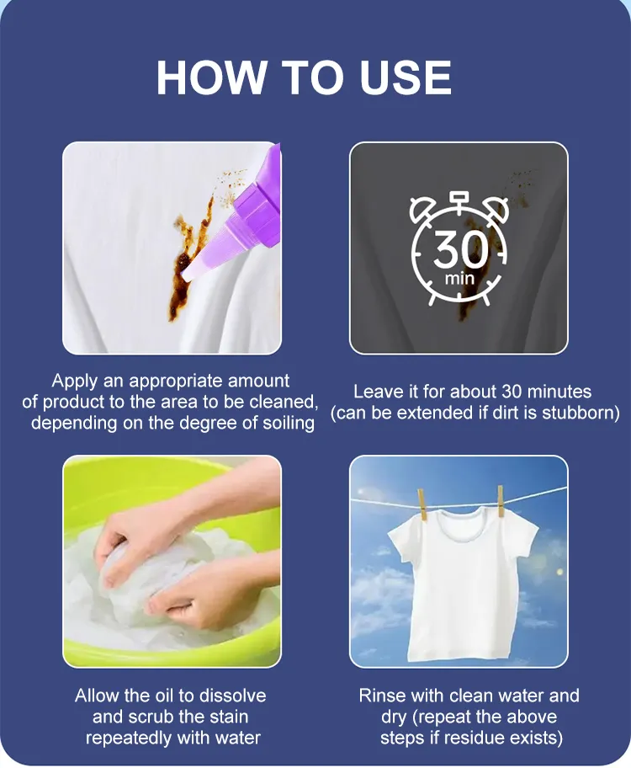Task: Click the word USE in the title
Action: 406,77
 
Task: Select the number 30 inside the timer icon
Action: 461,248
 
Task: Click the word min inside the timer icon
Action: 459,279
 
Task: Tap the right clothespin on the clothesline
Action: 500,500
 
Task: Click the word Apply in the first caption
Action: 74,381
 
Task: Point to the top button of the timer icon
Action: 459,198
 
